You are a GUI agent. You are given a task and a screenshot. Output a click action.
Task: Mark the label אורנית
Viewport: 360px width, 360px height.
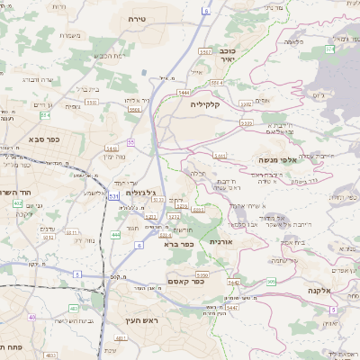coord(221,242)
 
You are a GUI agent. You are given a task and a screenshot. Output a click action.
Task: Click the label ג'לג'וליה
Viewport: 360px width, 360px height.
coord(142,193)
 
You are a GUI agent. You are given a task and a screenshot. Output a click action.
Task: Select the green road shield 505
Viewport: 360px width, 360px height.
coord(271,282)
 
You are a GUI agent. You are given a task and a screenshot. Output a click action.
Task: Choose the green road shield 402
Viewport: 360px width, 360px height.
coord(17,204)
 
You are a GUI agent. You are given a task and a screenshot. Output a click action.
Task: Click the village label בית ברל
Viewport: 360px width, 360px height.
coord(85,89)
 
